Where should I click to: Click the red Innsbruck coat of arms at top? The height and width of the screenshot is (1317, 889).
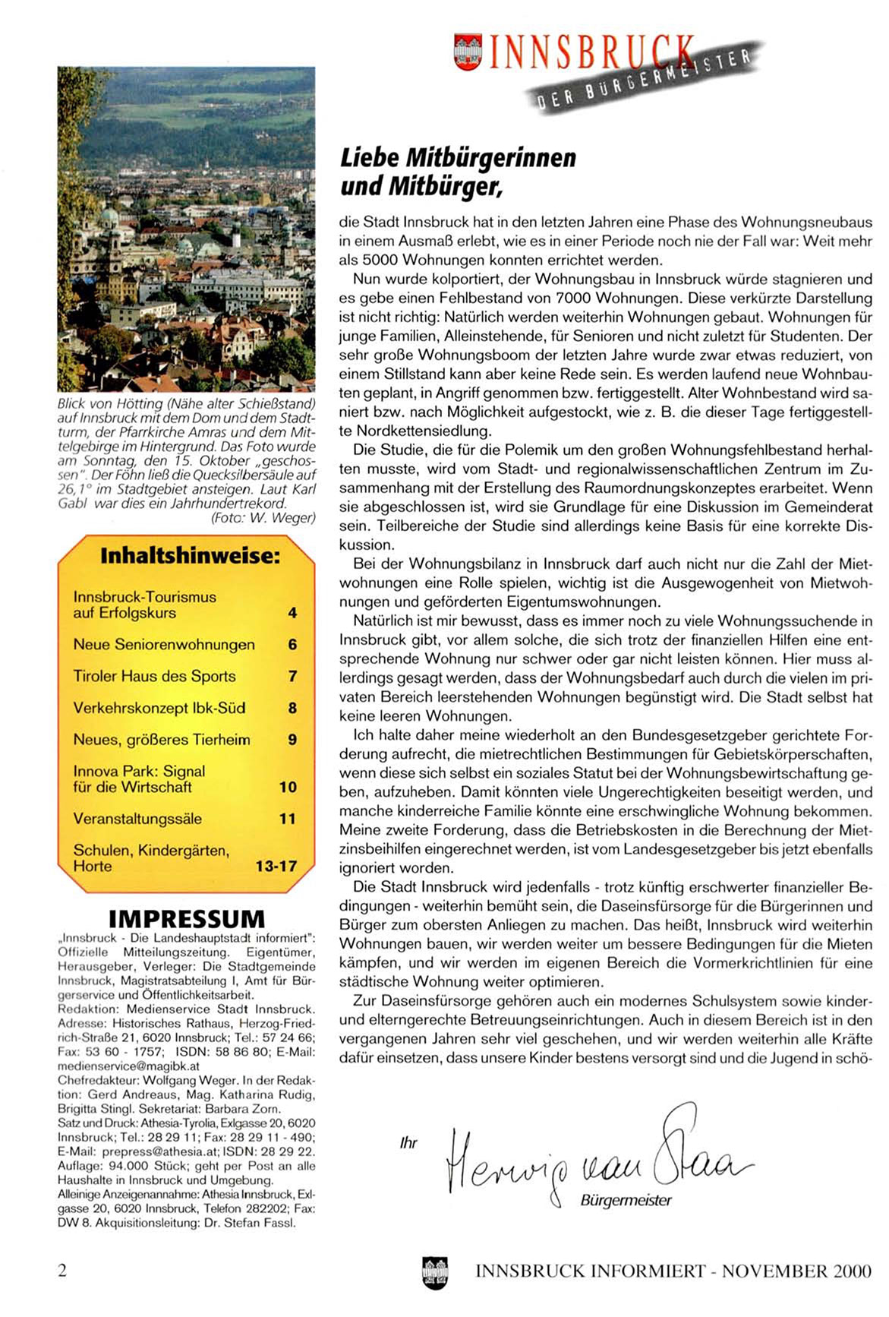[x=468, y=52]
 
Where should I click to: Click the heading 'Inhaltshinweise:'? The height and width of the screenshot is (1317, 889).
[x=190, y=555]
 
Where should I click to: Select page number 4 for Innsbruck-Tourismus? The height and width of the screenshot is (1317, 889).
[x=292, y=613]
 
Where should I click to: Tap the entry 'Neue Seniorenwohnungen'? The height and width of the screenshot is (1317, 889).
[x=164, y=645]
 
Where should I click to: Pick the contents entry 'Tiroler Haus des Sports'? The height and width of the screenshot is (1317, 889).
[x=154, y=676]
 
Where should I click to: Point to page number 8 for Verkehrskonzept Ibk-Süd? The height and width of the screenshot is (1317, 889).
[x=292, y=708]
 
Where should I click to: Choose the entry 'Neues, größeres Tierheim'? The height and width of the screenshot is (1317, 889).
[x=162, y=740]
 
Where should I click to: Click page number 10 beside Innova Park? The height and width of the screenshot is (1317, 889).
[x=288, y=788]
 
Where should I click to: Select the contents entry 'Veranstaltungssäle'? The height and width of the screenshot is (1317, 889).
[x=137, y=819]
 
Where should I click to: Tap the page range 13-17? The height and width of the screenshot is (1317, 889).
[x=276, y=866]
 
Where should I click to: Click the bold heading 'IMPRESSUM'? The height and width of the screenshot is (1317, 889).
[x=187, y=919]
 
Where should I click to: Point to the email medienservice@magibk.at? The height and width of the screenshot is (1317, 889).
[x=128, y=1066]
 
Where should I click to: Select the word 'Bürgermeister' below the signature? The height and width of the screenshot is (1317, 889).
[x=626, y=1201]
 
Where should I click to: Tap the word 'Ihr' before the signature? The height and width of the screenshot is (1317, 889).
[x=408, y=1143]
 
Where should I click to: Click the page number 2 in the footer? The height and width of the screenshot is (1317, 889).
[x=62, y=1270]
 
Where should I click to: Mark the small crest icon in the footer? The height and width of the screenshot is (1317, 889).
[x=435, y=1272]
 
